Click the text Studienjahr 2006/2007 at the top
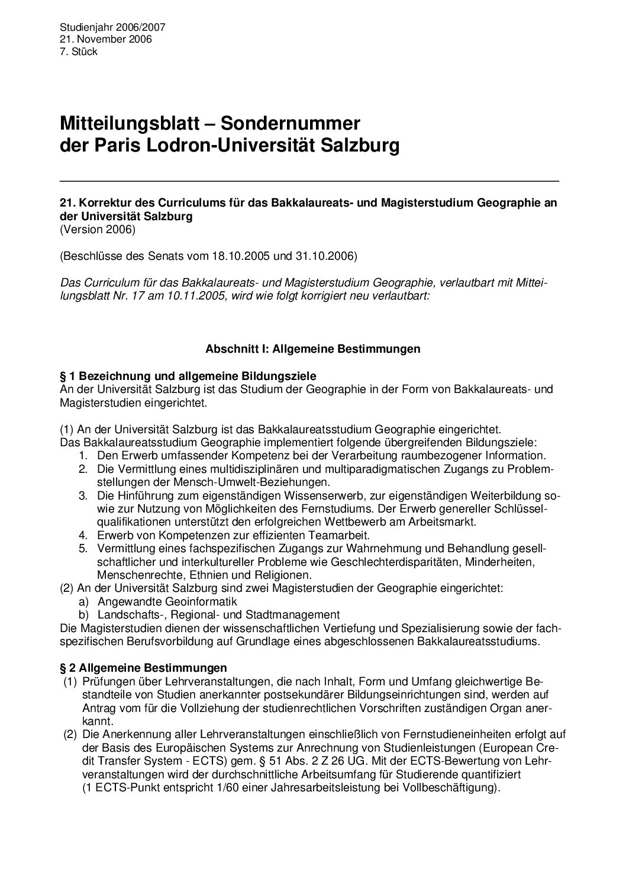112,27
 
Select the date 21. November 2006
106,39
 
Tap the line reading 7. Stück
79,51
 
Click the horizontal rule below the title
309,180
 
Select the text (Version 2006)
98,229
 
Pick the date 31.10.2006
326,256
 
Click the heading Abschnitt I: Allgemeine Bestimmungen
312,349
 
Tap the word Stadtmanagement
297,614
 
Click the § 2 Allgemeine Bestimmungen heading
144,668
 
